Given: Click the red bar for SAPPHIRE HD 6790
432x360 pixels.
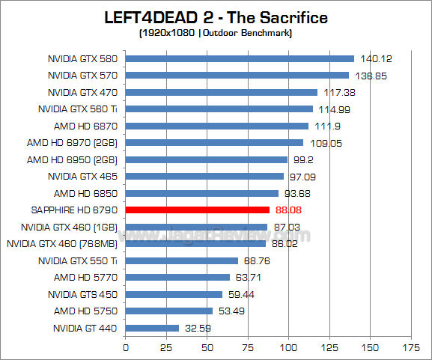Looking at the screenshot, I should point(198,210).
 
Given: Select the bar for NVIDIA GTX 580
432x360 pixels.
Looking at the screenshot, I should point(240,58).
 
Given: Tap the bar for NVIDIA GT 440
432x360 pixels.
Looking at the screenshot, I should point(152,328).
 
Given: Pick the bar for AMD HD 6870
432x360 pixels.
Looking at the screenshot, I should point(217,126).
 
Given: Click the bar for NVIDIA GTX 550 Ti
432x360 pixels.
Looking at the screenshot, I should point(182,260).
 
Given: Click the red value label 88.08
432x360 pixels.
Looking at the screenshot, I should point(290,210).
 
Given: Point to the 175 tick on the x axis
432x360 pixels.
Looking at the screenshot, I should point(410,347).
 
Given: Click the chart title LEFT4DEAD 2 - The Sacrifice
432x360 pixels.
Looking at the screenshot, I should point(216,16).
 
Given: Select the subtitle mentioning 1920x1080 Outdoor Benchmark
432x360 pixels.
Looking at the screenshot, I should point(216,33).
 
